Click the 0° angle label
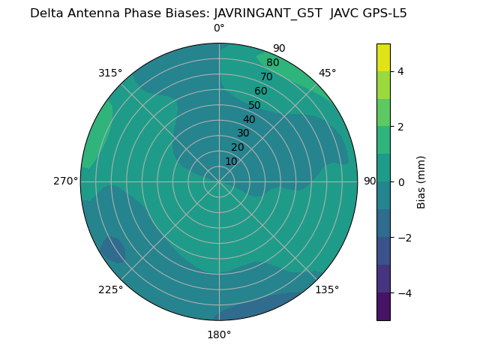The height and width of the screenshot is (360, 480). click(219, 28)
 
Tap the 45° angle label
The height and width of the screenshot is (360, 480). click(327, 73)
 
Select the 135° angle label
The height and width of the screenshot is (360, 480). click(327, 289)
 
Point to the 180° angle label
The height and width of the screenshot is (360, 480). click(219, 334)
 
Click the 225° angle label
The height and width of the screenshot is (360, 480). click(110, 289)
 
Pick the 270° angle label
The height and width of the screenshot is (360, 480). click(66, 181)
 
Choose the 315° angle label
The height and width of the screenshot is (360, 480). click(110, 73)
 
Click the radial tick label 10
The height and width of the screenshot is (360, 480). click(231, 161)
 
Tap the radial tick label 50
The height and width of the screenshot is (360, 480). click(255, 105)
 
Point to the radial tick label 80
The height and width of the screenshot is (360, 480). click(273, 62)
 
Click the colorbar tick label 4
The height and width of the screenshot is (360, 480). click(401, 71)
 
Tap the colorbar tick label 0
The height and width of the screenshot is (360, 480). click(401, 181)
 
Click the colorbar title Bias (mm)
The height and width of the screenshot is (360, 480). click(421, 181)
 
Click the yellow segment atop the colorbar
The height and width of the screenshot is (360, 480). click(383, 58)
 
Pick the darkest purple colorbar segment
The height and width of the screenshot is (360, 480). click(383, 306)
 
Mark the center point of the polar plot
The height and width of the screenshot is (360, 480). click(219, 181)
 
